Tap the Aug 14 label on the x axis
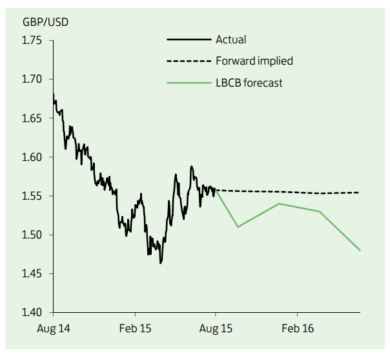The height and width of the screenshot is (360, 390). pyautogui.click(x=54, y=329)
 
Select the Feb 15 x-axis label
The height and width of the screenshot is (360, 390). pyautogui.click(x=135, y=329)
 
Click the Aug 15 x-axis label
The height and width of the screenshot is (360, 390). pyautogui.click(x=216, y=329)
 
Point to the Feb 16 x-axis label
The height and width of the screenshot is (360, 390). pyautogui.click(x=298, y=329)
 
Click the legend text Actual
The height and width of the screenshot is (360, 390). pyautogui.click(x=231, y=39)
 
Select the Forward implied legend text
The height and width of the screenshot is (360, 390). pyautogui.click(x=254, y=61)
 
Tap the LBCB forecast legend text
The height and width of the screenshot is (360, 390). pyautogui.click(x=249, y=82)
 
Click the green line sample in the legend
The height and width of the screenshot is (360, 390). pyautogui.click(x=189, y=82)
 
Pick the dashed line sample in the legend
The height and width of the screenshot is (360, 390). pyautogui.click(x=189, y=61)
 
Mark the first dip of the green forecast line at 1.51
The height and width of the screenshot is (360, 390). pyautogui.click(x=238, y=227)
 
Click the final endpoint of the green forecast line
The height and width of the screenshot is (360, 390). pyautogui.click(x=360, y=250)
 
